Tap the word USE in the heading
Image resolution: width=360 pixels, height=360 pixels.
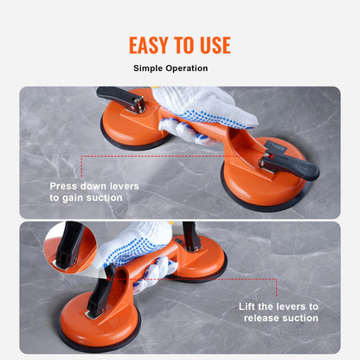click(x=215, y=45)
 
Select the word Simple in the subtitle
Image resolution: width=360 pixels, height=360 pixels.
click(x=148, y=68)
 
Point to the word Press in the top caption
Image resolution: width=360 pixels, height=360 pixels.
click(x=63, y=186)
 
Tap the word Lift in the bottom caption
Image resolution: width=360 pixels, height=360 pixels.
click(x=247, y=306)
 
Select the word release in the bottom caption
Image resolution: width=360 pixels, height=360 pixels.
click(x=261, y=318)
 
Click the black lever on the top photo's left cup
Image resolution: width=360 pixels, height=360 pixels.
click(x=119, y=98)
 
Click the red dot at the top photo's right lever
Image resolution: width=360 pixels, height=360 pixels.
click(x=271, y=156)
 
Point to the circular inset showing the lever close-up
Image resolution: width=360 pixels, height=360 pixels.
click(x=70, y=247)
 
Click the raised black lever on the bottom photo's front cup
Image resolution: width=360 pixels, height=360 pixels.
click(x=101, y=292)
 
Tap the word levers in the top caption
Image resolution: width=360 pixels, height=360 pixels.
click(x=124, y=186)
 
